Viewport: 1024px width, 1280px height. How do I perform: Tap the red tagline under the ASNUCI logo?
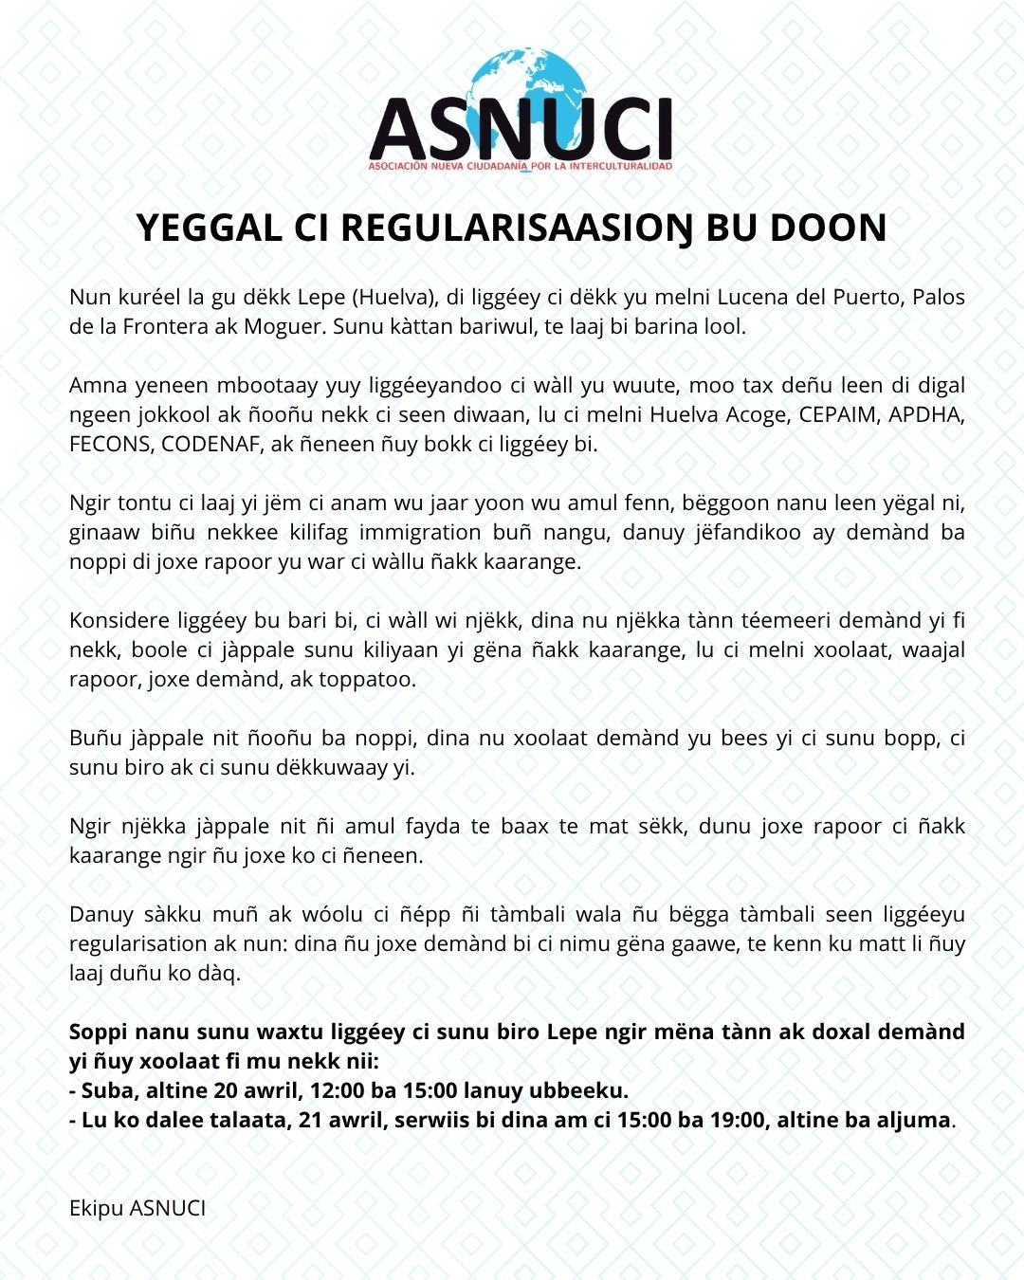coord(521,167)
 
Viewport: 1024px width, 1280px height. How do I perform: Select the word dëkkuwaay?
coord(332,767)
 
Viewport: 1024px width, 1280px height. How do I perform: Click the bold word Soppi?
coord(100,1032)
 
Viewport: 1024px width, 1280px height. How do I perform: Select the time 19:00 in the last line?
coord(735,1120)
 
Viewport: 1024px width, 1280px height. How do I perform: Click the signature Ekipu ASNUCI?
coord(137,1208)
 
